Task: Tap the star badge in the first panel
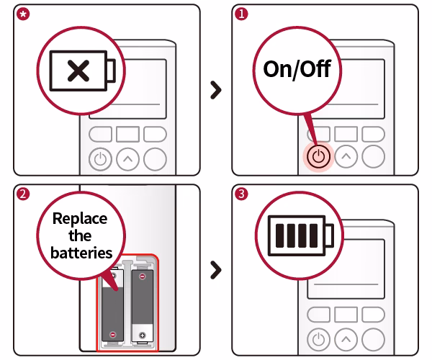tap(22, 13)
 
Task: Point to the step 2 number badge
tap(22, 194)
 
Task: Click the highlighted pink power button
tap(319, 156)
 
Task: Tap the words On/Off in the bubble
tap(297, 71)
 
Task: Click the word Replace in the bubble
tap(81, 219)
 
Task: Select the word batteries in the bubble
tap(81, 253)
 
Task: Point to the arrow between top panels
tap(215, 90)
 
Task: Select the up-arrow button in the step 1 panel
tap(346, 156)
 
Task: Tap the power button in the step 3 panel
tap(319, 338)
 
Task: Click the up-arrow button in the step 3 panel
tap(346, 338)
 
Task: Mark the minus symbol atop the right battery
tap(143, 276)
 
